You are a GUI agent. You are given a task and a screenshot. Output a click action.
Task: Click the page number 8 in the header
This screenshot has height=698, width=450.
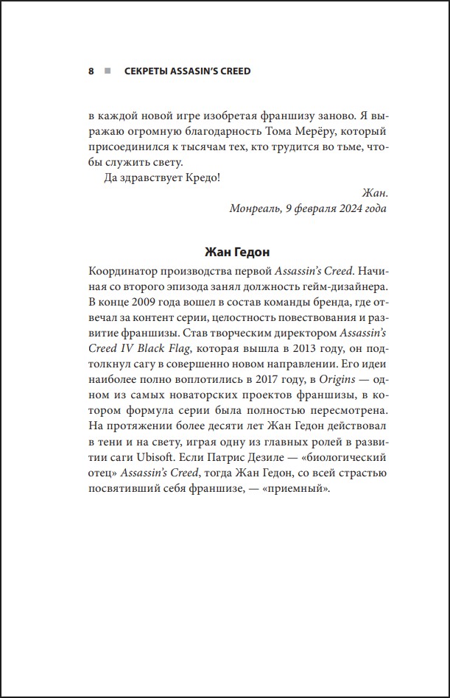[91, 71]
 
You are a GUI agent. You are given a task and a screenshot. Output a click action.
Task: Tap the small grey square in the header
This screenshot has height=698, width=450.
[108, 71]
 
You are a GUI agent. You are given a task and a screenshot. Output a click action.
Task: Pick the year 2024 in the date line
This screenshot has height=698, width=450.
[347, 208]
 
